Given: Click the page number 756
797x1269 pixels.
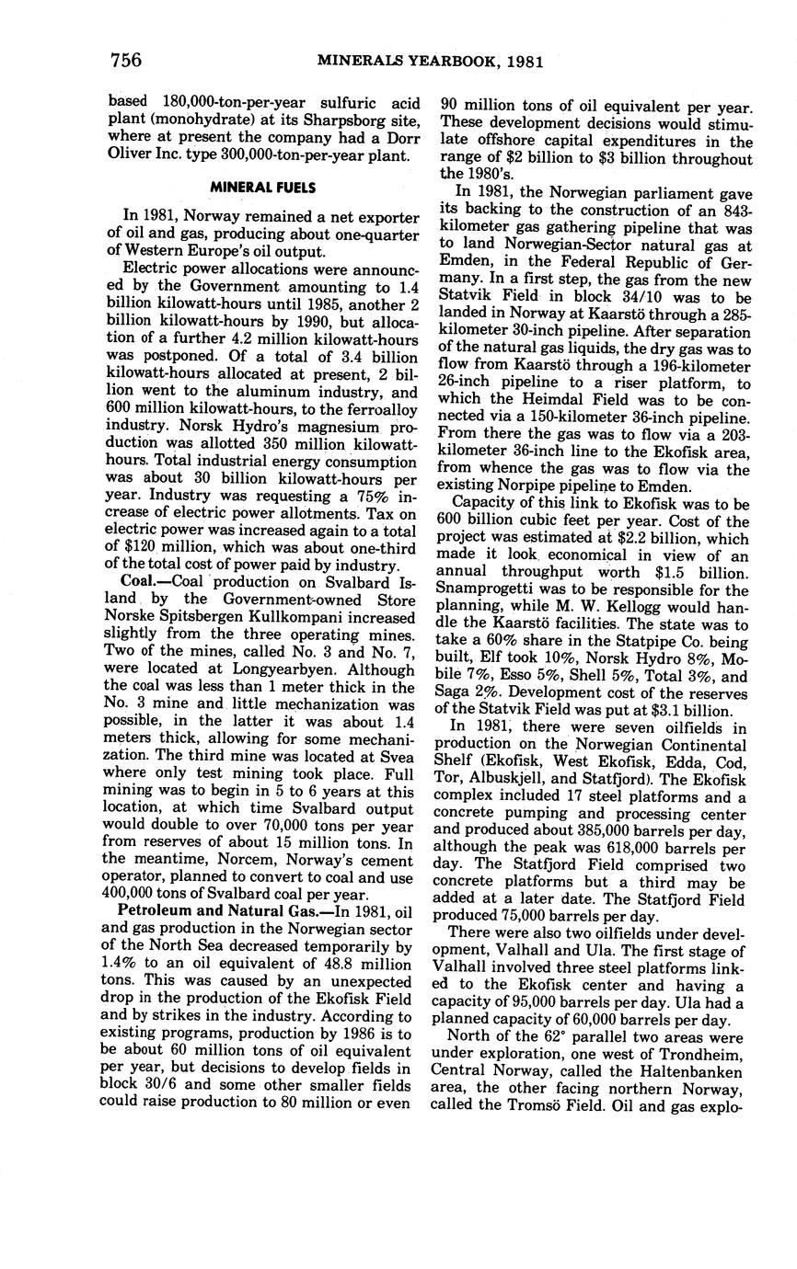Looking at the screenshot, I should click(x=125, y=61).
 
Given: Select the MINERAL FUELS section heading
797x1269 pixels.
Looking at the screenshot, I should click(x=263, y=188).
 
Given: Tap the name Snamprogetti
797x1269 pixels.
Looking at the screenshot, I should click(x=481, y=590).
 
